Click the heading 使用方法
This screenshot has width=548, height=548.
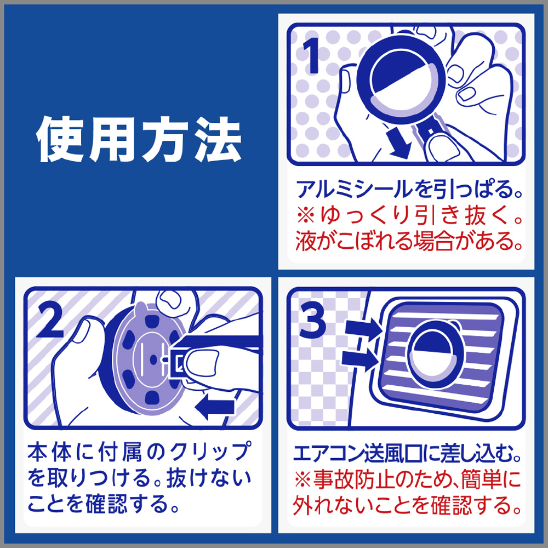(139, 139)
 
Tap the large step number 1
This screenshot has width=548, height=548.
(311, 55)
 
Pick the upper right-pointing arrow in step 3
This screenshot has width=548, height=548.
(363, 329)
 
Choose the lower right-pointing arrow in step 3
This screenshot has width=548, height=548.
(360, 360)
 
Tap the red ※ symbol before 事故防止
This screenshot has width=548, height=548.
(302, 480)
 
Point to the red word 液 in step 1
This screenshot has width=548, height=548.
(306, 241)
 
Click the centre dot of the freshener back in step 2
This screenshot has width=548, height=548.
(152, 359)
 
